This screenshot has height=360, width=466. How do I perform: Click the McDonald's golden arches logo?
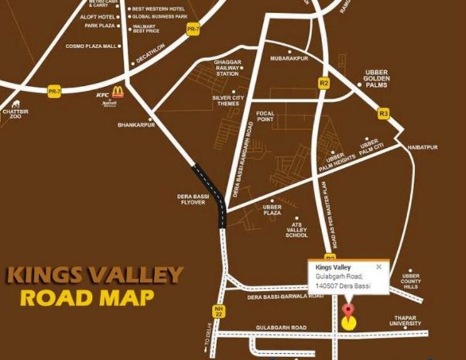[x=118, y=92]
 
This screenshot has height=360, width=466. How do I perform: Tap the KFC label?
[x=103, y=95]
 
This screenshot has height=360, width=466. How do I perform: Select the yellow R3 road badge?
[x=384, y=113]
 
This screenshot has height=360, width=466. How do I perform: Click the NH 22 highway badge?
[x=218, y=311]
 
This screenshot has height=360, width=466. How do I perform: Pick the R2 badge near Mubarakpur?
[x=323, y=83]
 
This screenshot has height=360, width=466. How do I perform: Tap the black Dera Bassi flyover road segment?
[x=213, y=191]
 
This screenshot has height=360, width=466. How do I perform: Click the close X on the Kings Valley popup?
[x=378, y=267]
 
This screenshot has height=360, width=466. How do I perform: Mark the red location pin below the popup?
[x=348, y=311]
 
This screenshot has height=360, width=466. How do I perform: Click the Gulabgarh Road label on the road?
[x=281, y=327]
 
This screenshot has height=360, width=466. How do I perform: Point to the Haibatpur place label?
[x=423, y=147]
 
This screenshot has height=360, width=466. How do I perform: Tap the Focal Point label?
[x=266, y=116]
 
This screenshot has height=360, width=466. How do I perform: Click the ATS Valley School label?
[x=296, y=229]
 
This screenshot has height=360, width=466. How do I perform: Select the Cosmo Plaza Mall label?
[x=91, y=46]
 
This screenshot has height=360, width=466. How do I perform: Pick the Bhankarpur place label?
[x=132, y=125]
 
